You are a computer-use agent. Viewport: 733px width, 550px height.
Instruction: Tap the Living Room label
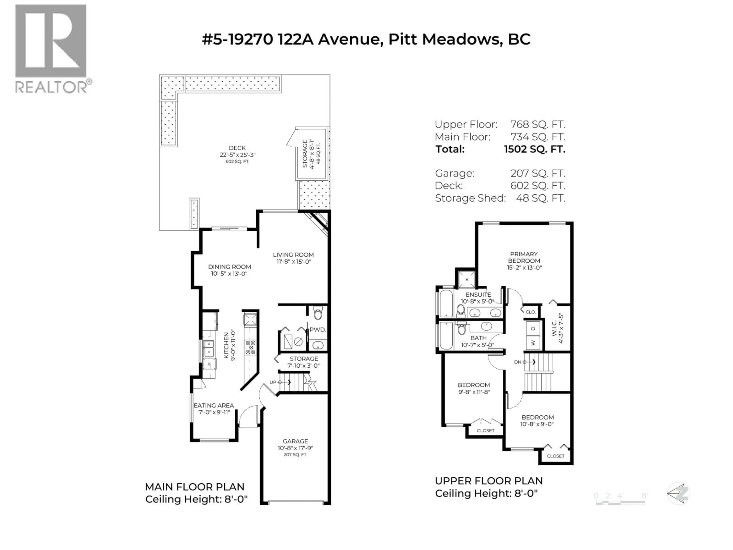point(293,255)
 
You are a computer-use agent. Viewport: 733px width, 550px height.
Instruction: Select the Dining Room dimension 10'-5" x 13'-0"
point(229,274)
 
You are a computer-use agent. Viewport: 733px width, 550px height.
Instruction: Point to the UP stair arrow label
point(273,382)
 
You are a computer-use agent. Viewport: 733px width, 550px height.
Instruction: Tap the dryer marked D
point(533,328)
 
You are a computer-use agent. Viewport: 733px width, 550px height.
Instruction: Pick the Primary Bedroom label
point(524,257)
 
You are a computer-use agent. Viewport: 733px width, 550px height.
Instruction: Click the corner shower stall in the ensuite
point(467,279)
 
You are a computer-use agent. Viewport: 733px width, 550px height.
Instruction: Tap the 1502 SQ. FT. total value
point(534,149)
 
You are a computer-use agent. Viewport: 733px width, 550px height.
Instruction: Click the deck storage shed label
point(305,154)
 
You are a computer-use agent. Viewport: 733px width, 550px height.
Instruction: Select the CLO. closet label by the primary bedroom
point(530,312)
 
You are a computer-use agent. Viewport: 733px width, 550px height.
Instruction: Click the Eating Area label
point(214,405)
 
